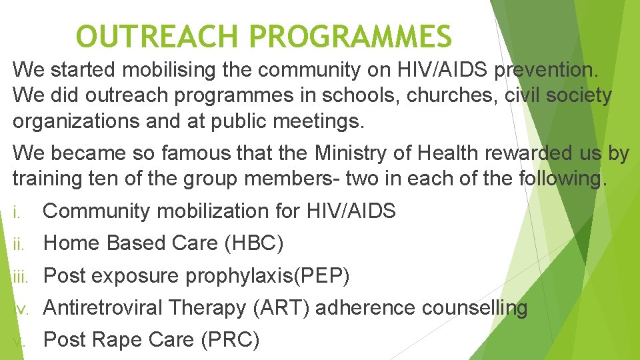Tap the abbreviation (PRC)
pyautogui.click(x=230, y=340)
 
